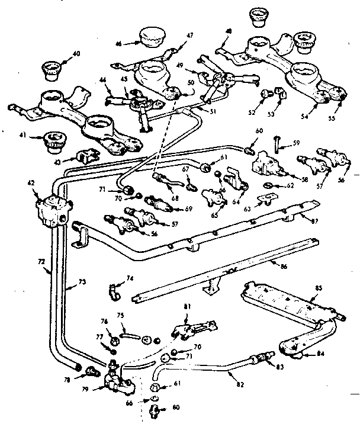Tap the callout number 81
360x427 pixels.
187,307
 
